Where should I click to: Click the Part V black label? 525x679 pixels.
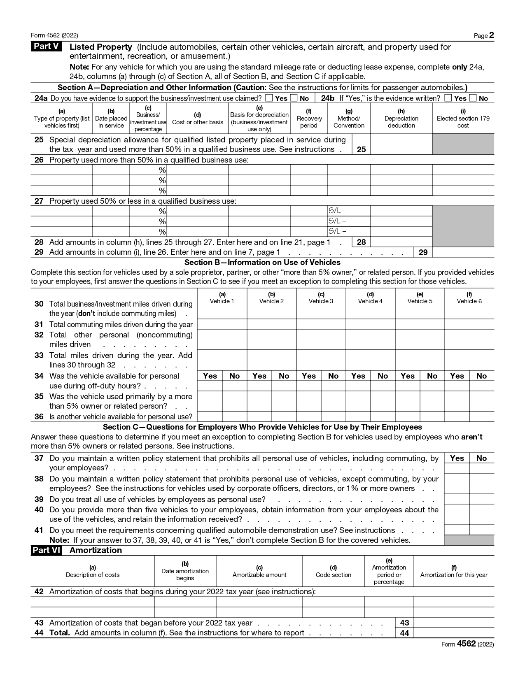tap(46, 47)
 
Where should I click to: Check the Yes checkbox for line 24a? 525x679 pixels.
tap(269, 98)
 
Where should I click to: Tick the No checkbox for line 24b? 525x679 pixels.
tap(473, 98)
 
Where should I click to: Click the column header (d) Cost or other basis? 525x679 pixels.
tap(197, 119)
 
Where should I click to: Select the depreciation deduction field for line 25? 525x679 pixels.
tap(401, 144)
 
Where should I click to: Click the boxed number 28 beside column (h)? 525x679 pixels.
tap(361, 242)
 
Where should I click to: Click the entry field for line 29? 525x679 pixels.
tap(463, 252)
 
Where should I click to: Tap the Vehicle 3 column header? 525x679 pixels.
tap(321, 298)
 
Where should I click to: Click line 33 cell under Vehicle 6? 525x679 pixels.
tap(469, 360)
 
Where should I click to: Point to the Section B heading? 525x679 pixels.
tap(262, 263)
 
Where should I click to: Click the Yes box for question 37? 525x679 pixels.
tap(457, 468)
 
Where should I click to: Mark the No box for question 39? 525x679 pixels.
tap(481, 499)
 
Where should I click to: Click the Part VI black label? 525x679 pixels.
tap(46, 550)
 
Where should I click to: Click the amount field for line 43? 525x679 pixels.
tap(453, 623)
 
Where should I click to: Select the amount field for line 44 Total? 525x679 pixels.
tap(453, 633)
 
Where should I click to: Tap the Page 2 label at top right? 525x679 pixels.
tap(483, 35)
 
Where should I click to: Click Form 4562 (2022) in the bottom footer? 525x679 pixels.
tap(467, 644)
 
